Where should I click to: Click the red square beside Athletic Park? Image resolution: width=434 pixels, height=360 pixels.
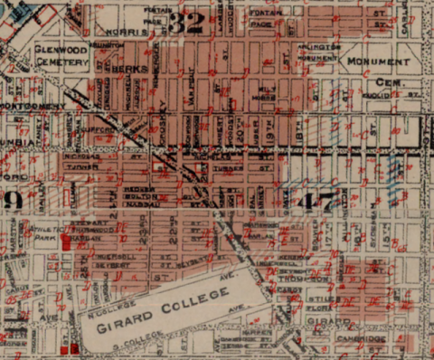pos(65,242)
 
